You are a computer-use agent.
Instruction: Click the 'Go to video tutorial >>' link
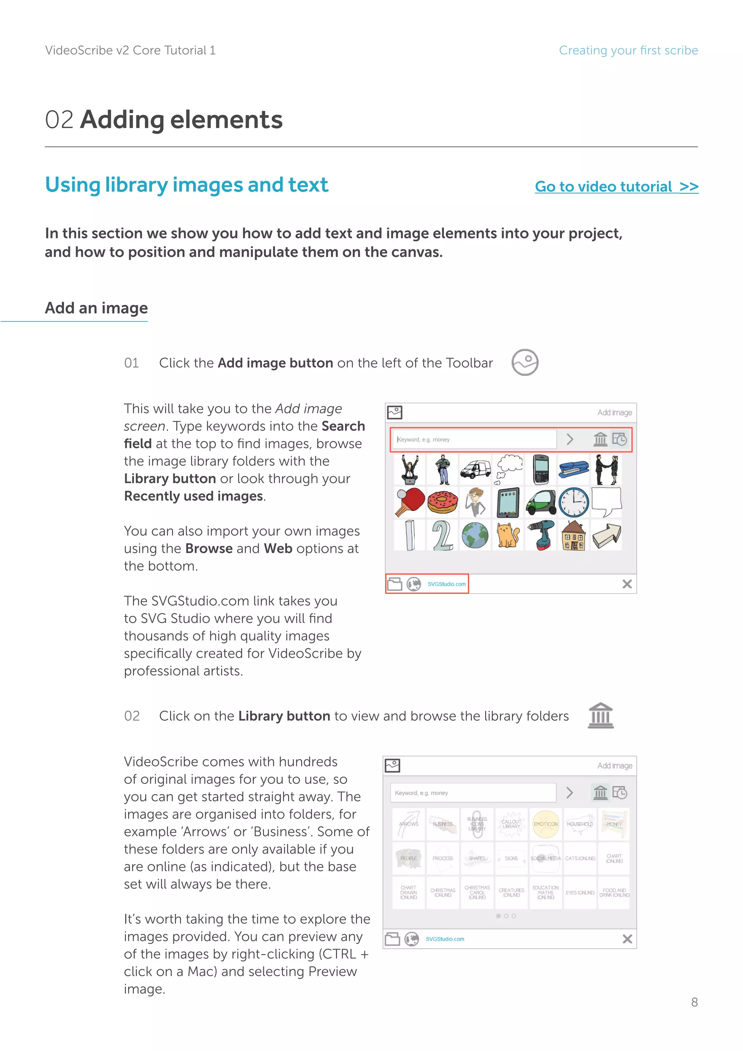[616, 187]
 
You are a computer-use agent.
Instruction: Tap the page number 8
[694, 1002]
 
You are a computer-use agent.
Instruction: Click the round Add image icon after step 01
[525, 363]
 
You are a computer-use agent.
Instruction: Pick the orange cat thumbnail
[508, 535]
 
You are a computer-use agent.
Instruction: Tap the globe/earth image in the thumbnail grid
[475, 535]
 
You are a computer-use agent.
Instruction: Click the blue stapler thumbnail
[574, 469]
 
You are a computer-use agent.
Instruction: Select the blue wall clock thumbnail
[574, 502]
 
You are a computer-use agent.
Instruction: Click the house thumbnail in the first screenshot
[574, 535]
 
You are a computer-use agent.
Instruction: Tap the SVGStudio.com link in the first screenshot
[447, 584]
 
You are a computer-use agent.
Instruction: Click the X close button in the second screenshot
[627, 939]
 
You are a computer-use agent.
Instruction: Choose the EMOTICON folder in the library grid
[545, 824]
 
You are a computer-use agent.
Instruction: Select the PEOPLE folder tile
[409, 858]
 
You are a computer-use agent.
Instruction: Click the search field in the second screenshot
[473, 793]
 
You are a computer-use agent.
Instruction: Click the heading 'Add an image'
[97, 308]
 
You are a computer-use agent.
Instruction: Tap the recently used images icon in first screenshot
[620, 439]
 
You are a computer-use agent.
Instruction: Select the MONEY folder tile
[614, 824]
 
